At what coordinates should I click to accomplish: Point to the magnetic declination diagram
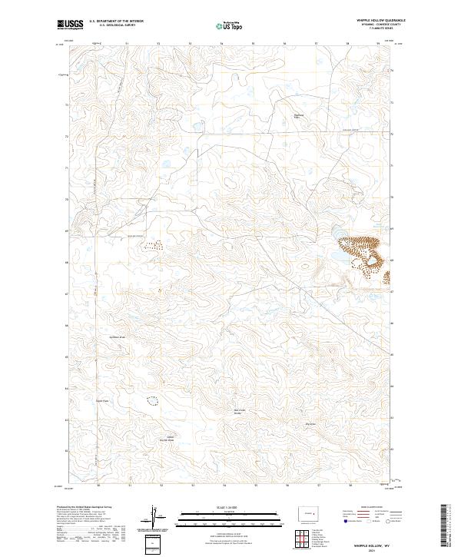click(x=155, y=516)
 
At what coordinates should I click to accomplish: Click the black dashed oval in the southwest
click(x=151, y=400)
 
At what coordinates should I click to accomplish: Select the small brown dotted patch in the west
click(x=152, y=246)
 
